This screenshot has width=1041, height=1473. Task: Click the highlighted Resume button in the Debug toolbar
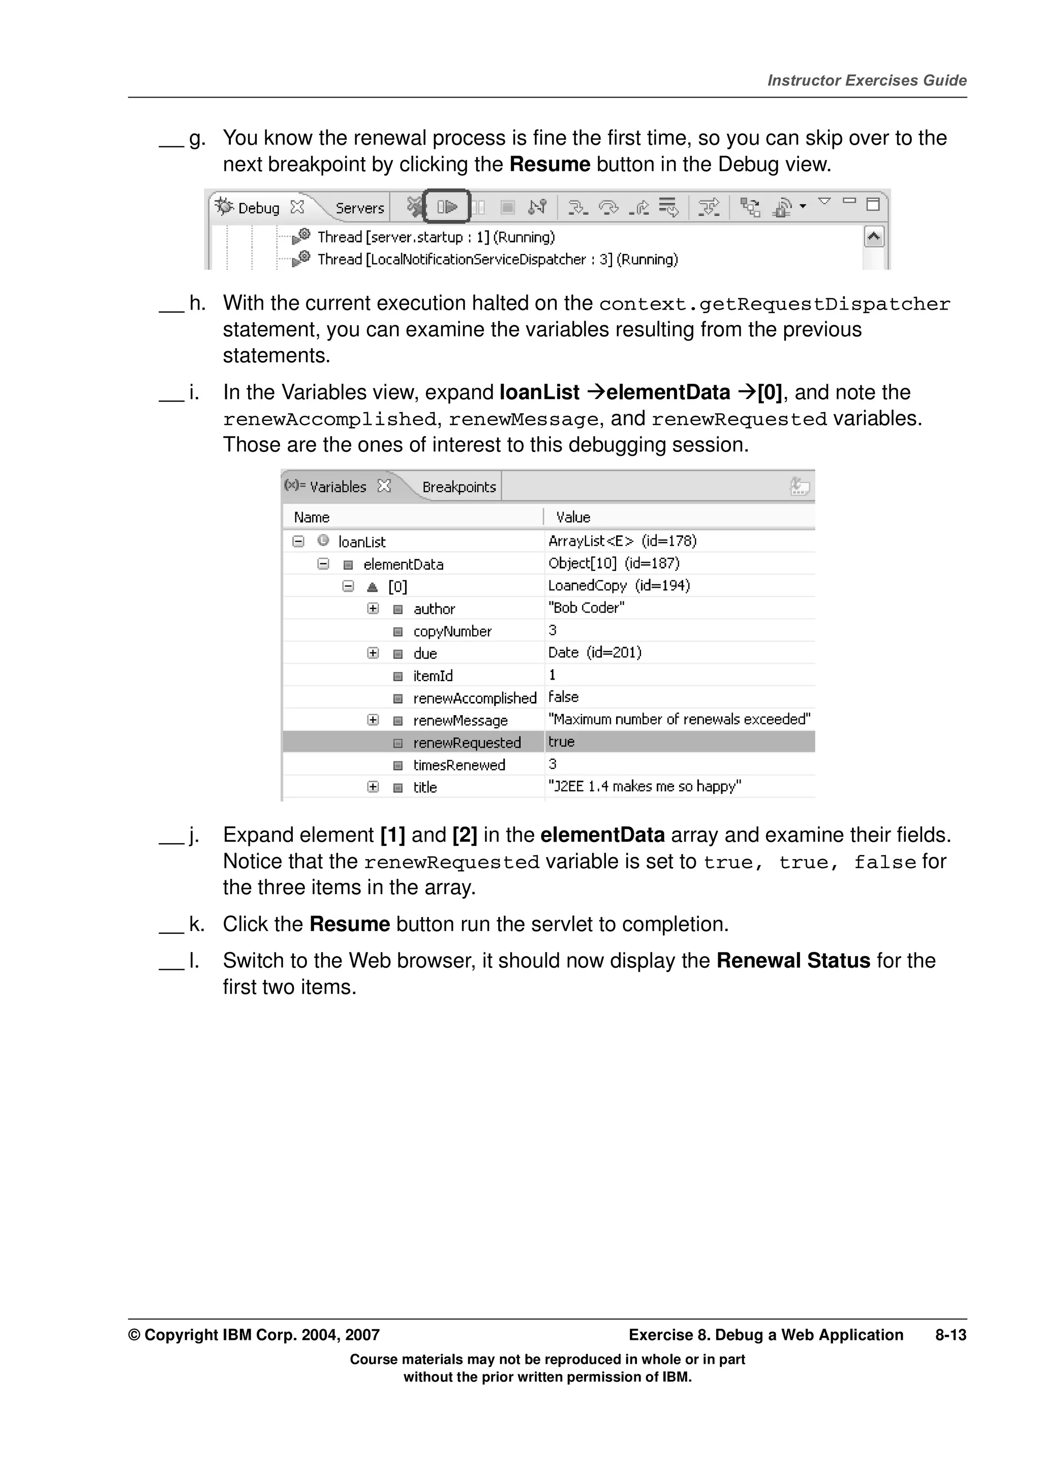[447, 206]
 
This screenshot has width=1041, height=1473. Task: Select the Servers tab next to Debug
[359, 208]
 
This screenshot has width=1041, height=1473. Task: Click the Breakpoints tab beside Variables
[458, 487]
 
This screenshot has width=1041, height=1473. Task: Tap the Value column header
[573, 517]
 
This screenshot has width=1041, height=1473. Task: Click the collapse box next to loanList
[298, 541]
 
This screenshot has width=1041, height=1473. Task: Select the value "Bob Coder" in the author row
[586, 607]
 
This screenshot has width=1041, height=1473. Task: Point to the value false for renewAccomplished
[563, 697]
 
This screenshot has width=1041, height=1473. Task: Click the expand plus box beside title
[373, 786]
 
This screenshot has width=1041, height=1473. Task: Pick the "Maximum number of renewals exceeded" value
[679, 719]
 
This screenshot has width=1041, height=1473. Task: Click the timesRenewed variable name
[458, 765]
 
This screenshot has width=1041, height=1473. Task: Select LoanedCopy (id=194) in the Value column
[618, 586]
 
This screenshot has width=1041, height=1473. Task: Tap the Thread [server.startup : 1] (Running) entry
[436, 237]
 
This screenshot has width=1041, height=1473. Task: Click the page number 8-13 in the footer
[950, 1335]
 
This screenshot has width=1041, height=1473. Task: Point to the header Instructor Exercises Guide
[867, 81]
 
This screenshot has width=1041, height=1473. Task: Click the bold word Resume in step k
[350, 924]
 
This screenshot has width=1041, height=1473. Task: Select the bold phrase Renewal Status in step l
[793, 961]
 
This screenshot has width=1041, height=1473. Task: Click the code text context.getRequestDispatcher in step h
[774, 303]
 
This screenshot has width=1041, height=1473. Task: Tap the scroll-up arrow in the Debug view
[874, 237]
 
